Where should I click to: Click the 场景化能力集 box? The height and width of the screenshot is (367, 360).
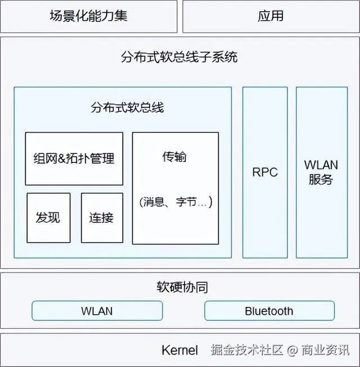[88, 16]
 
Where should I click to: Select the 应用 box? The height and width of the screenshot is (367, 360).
[271, 16]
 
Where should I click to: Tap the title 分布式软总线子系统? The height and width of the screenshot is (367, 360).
[179, 57]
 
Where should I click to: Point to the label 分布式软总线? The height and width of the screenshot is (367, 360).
[127, 107]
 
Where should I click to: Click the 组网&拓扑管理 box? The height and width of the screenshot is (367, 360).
[74, 158]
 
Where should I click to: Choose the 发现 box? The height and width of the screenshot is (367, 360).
[48, 218]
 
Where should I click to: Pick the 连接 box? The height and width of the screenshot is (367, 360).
[101, 218]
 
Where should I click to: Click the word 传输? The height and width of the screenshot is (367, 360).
[174, 157]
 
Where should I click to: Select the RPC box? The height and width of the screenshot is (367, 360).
[265, 172]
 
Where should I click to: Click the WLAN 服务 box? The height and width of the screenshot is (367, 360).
[321, 172]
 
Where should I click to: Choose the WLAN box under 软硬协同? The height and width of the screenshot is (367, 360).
[97, 311]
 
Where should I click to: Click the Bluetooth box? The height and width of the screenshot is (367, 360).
[269, 311]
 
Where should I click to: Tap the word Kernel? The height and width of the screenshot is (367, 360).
[180, 350]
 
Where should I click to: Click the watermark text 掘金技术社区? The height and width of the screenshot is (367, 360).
[247, 350]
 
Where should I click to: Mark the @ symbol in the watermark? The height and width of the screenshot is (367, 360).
[292, 351]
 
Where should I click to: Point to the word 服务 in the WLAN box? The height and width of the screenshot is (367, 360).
[321, 180]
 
